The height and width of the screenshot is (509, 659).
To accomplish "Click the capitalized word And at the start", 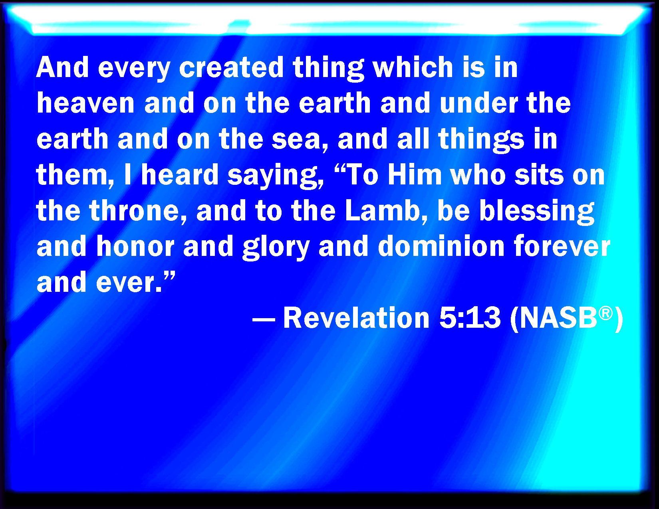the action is [x=62, y=67].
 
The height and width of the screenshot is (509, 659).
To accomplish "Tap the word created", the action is [x=231, y=67].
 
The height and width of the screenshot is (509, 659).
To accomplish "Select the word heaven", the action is [x=85, y=103].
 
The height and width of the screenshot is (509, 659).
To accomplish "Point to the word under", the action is [x=479, y=103].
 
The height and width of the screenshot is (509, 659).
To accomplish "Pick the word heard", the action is [x=180, y=175].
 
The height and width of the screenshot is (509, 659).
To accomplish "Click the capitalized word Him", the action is [x=415, y=175].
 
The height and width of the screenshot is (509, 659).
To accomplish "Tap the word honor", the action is [x=135, y=246].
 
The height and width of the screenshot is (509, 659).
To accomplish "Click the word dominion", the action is [x=441, y=246].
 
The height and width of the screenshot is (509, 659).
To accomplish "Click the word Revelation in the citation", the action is [x=356, y=318].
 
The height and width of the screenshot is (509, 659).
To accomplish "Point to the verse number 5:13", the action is [x=470, y=318].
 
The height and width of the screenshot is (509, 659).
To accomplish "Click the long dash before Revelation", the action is [x=264, y=319].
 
